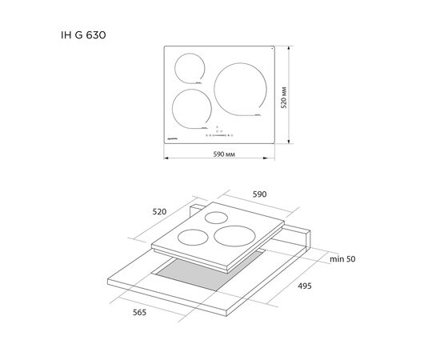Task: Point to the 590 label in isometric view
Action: [x=259, y=194]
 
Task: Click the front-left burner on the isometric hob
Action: [x=193, y=236]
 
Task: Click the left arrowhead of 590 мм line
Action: [x=166, y=158]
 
